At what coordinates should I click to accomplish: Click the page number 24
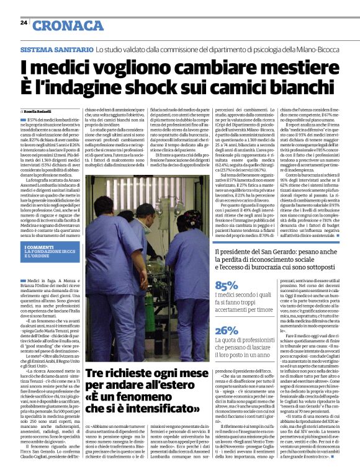coord(24,22)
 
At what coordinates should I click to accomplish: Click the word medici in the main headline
coord(61,67)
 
